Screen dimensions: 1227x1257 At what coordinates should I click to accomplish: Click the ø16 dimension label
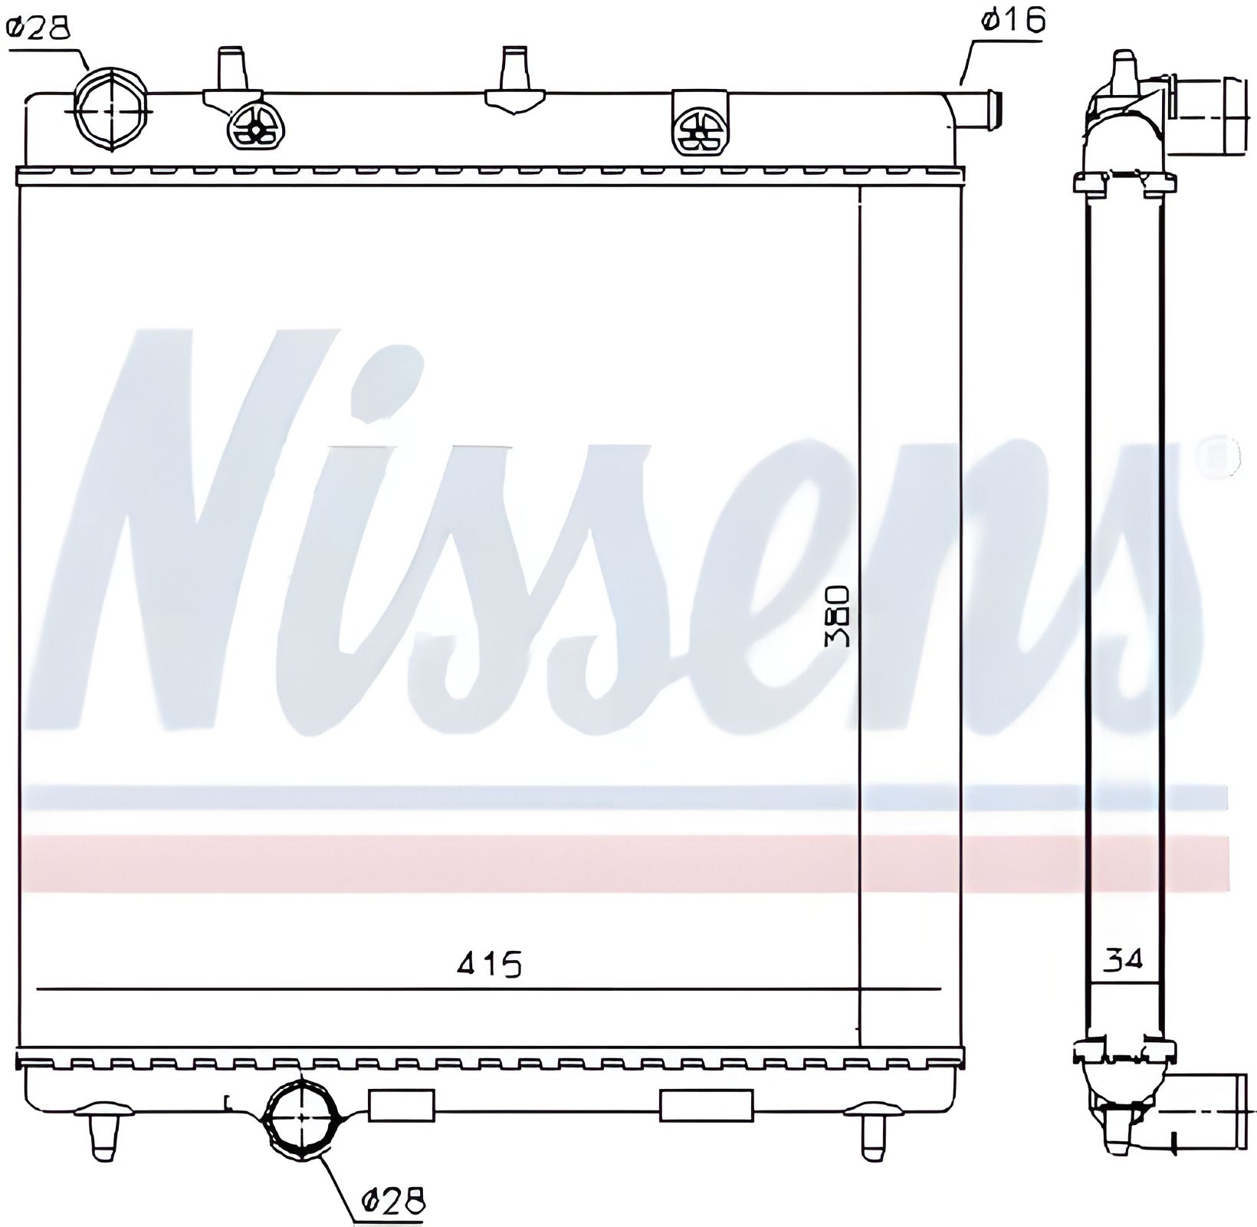[x=1012, y=21]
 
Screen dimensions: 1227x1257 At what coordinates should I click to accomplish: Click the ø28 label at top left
[x=38, y=28]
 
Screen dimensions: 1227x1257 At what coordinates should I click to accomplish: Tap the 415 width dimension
[x=489, y=962]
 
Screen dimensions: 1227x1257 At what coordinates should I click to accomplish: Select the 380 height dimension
[x=837, y=617]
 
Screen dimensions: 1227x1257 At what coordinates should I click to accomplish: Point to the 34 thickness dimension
[x=1123, y=958]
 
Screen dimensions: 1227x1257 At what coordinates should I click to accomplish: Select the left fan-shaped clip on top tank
[x=256, y=127]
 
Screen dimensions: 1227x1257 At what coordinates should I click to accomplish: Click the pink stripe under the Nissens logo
[x=613, y=862]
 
